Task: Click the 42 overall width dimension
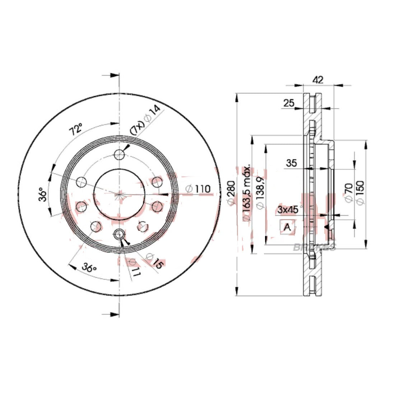click(x=318, y=80)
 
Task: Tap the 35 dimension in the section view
click(x=292, y=163)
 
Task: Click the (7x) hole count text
click(x=137, y=127)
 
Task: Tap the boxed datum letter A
click(x=287, y=227)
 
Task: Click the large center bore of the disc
click(x=118, y=194)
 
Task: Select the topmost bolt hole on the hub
click(x=119, y=155)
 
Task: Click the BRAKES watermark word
click(x=314, y=247)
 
